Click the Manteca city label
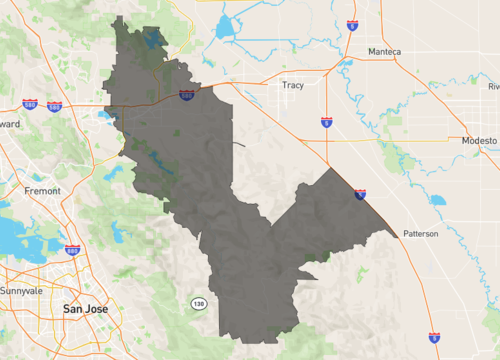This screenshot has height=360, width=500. click(x=384, y=51)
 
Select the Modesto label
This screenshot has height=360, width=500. click(x=479, y=141)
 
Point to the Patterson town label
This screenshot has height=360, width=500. click(x=420, y=233)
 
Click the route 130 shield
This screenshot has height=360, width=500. click(x=198, y=302)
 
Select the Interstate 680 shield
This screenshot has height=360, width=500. click(x=72, y=249)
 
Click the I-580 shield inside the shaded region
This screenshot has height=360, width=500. click(x=187, y=95)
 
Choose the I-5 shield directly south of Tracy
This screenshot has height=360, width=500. click(x=327, y=122)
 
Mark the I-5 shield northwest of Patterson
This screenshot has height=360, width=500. click(x=360, y=194)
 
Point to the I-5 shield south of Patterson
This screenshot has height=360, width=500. click(x=434, y=339)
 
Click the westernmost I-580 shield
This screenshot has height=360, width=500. click(x=30, y=103)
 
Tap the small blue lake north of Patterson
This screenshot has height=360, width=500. click(x=437, y=199)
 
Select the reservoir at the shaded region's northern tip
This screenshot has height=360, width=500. click(x=151, y=40)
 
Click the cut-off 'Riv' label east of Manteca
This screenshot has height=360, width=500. click(x=493, y=86)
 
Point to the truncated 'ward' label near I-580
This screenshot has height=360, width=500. click(x=9, y=123)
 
